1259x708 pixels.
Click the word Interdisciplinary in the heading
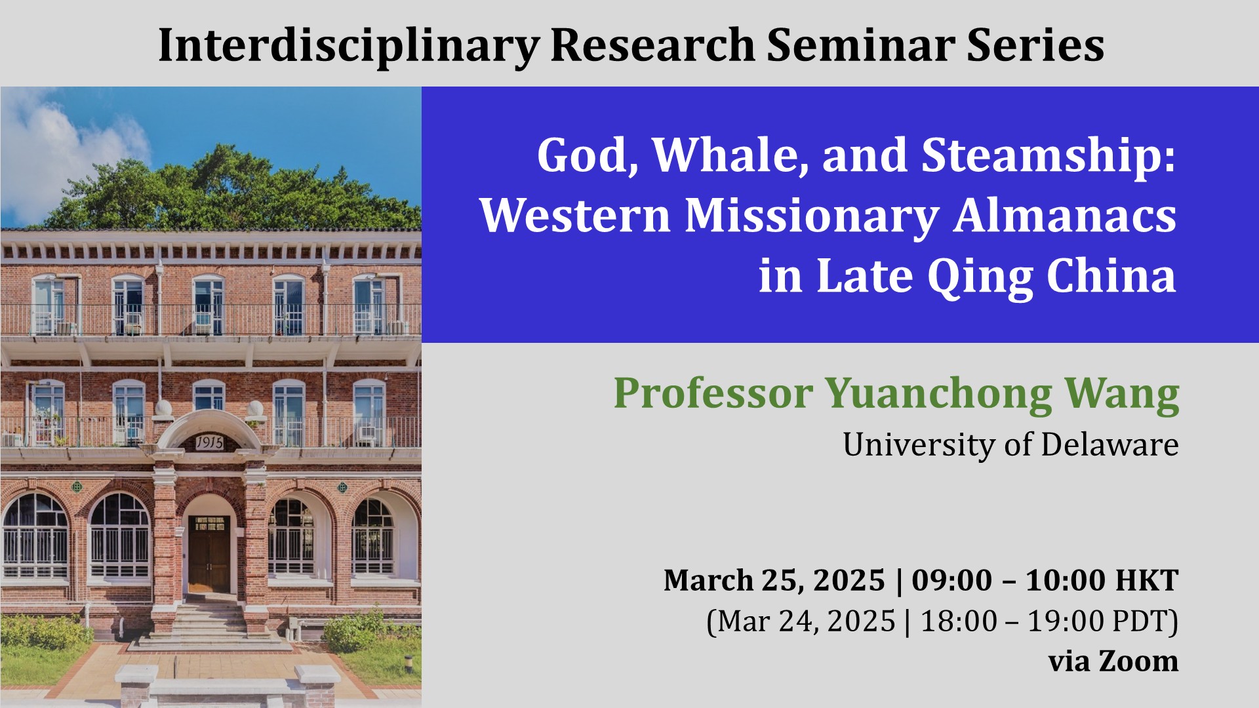click(348, 46)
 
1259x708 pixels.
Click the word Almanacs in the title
click(1064, 216)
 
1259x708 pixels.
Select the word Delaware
click(1109, 444)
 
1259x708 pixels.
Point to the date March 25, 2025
click(774, 581)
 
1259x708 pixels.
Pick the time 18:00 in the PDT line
click(959, 621)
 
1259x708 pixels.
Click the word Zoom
click(1138, 661)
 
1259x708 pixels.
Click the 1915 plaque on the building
click(209, 443)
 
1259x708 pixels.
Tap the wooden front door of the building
click(209, 555)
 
